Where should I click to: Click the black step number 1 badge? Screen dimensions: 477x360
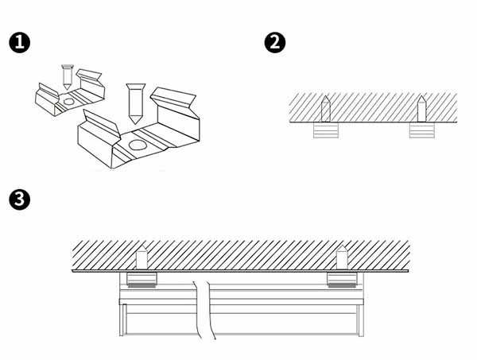pos(19,43)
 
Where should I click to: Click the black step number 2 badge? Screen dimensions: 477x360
pos(275,43)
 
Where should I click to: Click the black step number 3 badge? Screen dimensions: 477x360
pos(19,199)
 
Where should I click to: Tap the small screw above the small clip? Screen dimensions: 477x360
pos(68,77)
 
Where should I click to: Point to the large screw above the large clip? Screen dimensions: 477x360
pos(135,103)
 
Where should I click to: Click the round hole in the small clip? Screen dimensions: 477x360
pos(68,102)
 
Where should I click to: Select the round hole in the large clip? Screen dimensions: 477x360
pos(138,145)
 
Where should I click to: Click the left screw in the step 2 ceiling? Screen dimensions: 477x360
pos(326,109)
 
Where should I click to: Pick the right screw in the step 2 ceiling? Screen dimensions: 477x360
pos(421,109)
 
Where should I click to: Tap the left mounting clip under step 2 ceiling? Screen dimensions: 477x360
pos(326,130)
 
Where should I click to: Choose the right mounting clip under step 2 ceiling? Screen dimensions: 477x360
pos(421,130)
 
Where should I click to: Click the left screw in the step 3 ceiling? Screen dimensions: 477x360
pos(142,257)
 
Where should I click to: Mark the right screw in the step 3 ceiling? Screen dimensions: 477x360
pos(342,257)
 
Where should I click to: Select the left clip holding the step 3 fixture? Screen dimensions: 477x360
pos(142,280)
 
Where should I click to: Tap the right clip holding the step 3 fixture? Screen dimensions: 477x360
pos(342,280)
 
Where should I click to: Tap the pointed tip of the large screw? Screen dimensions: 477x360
pos(135,124)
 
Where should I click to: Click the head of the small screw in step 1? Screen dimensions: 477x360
pos(68,66)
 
